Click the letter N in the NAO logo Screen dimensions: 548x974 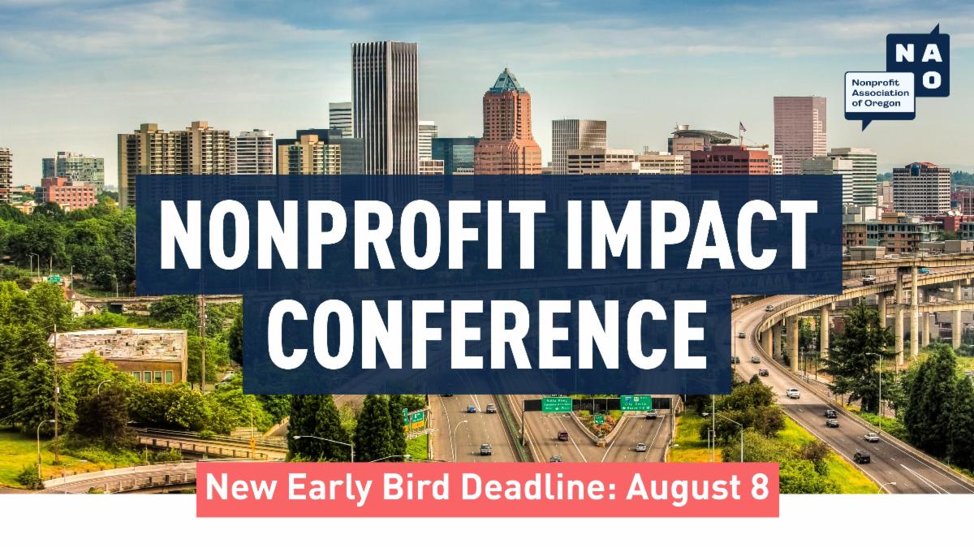pos(903,54)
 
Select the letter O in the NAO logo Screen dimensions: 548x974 pos(933,80)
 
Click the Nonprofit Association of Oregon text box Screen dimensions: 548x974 pos(878,94)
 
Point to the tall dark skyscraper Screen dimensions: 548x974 pos(385,106)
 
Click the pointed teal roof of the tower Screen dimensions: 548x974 pos(507,81)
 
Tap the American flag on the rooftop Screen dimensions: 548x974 pos(741,127)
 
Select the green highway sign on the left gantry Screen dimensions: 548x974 pos(557,403)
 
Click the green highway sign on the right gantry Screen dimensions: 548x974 pos(636,402)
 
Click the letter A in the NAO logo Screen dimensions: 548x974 pos(933,54)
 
